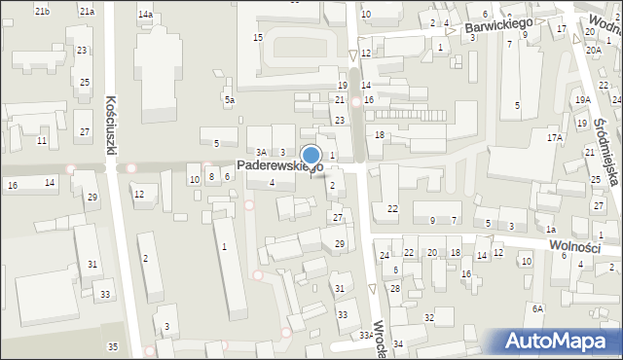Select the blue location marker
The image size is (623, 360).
pyautogui.click(x=311, y=156)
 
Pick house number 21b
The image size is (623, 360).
pyautogui.click(x=42, y=11)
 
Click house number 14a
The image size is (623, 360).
pyautogui.click(x=145, y=15)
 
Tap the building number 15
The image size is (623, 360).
pyautogui.click(x=258, y=37)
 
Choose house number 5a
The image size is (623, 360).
pyautogui.click(x=230, y=100)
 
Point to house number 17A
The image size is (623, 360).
pyautogui.click(x=554, y=138)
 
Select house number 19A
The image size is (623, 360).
pyautogui.click(x=582, y=100)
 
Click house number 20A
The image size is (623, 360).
pyautogui.click(x=593, y=49)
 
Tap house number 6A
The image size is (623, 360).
pyautogui.click(x=537, y=308)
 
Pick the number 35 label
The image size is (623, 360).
pyautogui.click(x=113, y=347)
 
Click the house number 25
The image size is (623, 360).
pyautogui.click(x=85, y=83)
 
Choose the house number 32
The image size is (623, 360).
pyautogui.click(x=428, y=318)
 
